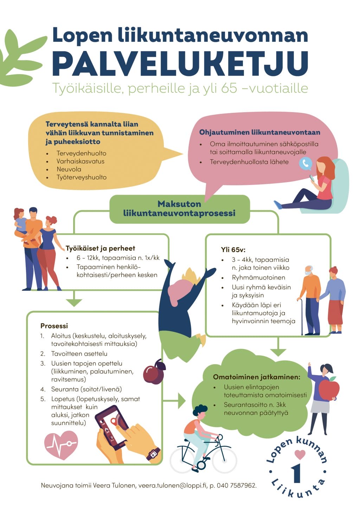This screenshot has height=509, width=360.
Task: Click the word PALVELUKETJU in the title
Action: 180,63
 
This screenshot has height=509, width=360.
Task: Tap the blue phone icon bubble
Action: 305,163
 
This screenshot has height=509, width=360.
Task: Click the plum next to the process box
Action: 154,373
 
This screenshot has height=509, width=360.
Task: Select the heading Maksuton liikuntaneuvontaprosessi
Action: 179,209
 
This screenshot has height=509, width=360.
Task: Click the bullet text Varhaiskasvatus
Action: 81,161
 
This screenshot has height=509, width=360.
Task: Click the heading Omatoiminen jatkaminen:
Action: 257,377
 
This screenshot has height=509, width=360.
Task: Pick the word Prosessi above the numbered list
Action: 54,326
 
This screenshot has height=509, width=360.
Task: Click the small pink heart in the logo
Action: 300,455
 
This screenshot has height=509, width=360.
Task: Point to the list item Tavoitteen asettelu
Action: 79,354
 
